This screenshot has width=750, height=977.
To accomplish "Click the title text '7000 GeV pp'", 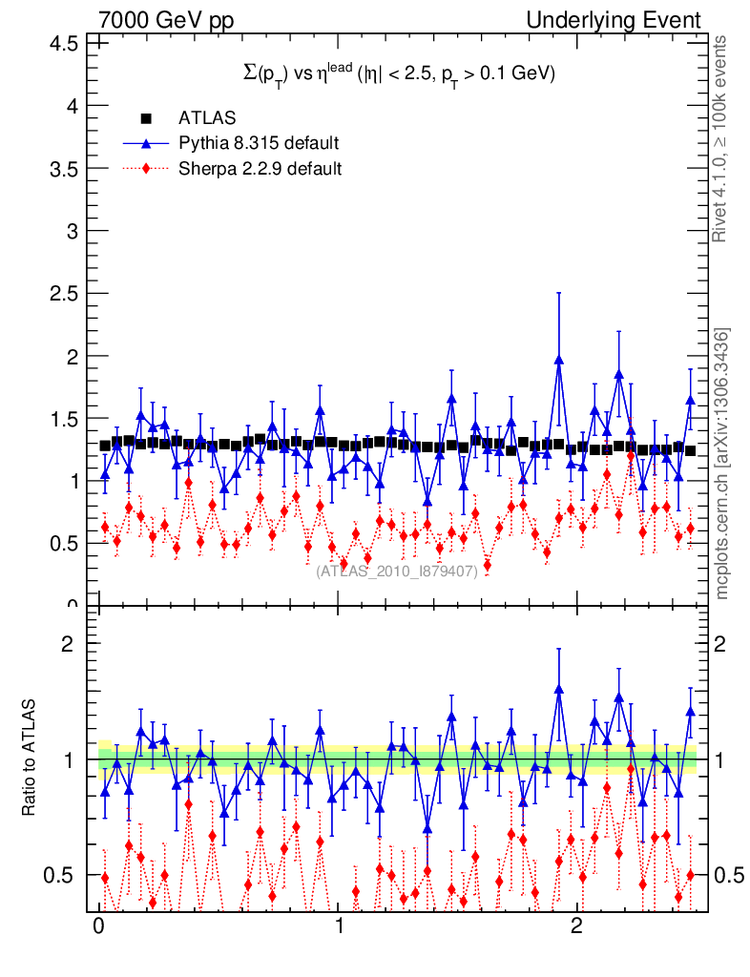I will [166, 20].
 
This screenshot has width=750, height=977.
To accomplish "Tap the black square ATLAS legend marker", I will [146, 118].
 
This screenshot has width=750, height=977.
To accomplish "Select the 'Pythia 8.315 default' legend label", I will [259, 143].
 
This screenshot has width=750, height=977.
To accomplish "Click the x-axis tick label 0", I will [98, 927].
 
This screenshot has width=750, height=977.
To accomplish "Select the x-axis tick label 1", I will [339, 927].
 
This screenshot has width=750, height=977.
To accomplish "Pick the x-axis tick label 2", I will [576, 927].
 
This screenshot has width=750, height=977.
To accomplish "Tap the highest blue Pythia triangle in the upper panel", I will [559, 360].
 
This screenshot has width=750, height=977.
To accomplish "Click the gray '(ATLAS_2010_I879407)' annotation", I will [397, 572].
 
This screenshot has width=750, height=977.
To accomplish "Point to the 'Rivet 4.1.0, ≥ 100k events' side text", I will [722, 138].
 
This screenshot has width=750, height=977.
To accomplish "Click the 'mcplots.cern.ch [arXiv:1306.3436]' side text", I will [722, 464].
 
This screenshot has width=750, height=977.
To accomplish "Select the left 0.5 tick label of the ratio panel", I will [64, 875].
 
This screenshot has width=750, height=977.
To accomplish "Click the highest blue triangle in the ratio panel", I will [559, 688].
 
